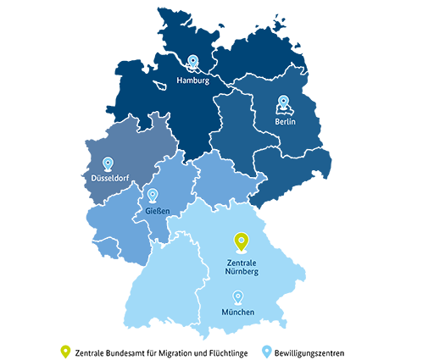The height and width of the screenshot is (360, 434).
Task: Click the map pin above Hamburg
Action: click(192, 62)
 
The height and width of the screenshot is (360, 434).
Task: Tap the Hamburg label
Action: click(192, 80)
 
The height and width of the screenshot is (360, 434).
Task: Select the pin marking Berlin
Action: click(283, 102)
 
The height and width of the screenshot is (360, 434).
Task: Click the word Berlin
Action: click(285, 122)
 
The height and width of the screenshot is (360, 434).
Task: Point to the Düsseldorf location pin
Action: click(108, 163)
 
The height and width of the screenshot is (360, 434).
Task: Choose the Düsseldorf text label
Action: click(109, 178)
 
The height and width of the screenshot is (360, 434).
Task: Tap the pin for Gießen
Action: click(153, 196)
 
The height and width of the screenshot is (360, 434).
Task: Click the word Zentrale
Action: click(242, 263)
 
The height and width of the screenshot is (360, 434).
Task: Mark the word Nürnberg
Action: click(242, 272)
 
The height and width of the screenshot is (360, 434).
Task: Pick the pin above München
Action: click(237, 296)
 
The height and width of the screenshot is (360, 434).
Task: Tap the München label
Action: click(237, 313)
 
